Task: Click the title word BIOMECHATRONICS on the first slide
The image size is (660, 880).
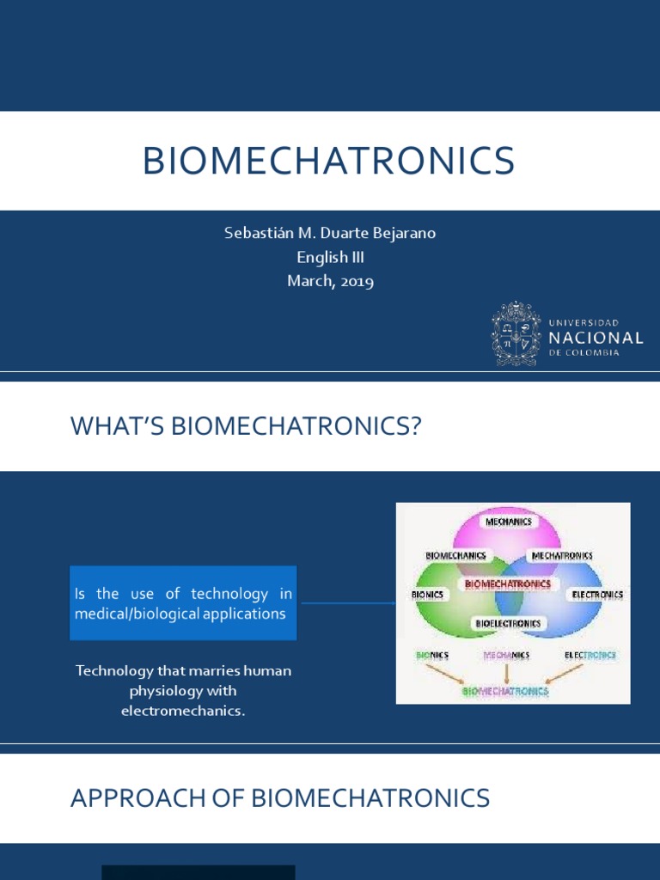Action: [328, 161]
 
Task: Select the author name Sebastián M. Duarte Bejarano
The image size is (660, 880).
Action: [330, 234]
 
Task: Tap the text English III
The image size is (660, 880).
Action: [330, 257]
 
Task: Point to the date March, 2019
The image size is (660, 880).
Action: [330, 281]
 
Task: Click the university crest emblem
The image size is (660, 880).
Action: [516, 334]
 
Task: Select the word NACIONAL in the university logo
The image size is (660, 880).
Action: [595, 338]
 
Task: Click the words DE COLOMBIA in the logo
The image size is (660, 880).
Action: [584, 353]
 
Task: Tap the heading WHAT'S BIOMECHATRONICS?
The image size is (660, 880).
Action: [246, 425]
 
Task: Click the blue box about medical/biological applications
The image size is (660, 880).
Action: [183, 603]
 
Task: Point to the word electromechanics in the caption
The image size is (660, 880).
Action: [183, 712]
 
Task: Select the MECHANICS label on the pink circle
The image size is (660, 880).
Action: [508, 522]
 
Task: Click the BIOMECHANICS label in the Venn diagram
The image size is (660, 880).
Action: [455, 555]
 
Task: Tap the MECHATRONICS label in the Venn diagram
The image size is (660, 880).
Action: [561, 556]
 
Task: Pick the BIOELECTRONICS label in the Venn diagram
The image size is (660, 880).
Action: [508, 622]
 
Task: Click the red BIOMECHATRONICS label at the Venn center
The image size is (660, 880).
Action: [507, 584]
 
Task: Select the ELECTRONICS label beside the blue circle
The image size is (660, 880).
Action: [597, 595]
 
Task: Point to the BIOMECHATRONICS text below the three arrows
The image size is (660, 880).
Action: [505, 690]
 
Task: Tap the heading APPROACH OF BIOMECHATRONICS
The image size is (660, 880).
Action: [280, 798]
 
